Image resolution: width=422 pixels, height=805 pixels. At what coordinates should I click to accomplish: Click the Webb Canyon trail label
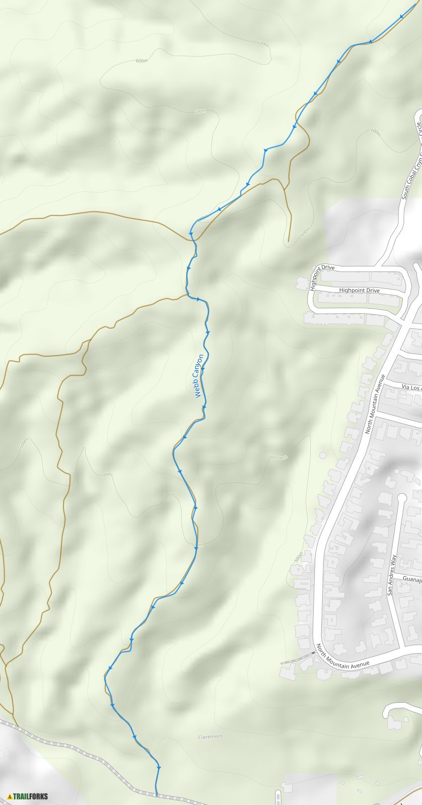click(198, 376)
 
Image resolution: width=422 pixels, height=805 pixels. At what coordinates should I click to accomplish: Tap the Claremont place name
click(210, 737)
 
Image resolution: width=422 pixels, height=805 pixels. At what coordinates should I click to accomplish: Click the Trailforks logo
click(28, 796)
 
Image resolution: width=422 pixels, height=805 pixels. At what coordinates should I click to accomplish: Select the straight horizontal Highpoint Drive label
click(359, 290)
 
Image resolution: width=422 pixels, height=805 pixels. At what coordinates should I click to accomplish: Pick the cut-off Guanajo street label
click(412, 578)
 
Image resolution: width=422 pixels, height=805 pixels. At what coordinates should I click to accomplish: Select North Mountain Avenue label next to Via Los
click(375, 404)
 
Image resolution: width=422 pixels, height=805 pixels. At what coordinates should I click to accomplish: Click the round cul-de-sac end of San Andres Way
click(402, 497)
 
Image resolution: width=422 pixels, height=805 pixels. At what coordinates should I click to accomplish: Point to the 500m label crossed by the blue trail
click(197, 545)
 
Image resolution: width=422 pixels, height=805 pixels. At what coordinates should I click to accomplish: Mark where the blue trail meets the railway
click(156, 795)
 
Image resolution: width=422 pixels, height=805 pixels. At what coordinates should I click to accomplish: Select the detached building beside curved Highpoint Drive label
click(301, 283)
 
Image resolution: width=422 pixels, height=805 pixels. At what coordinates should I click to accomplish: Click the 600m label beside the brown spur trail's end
click(304, 231)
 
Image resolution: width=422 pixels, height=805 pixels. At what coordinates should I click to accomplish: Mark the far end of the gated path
click(281, 663)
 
